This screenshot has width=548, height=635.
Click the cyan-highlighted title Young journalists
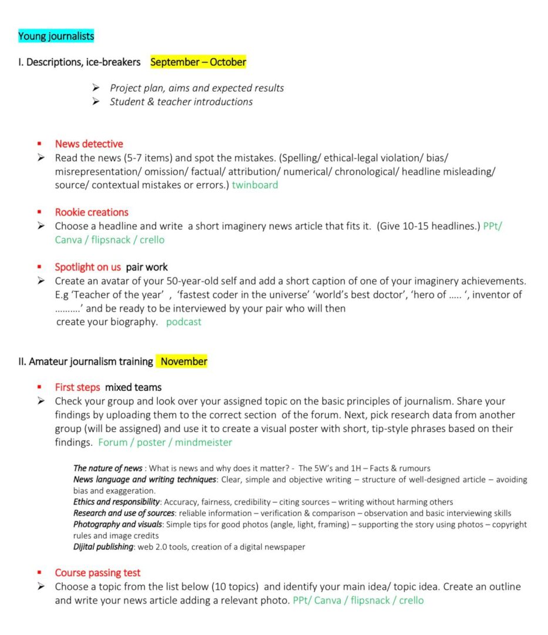(x=56, y=36)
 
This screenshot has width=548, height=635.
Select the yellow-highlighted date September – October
(x=198, y=62)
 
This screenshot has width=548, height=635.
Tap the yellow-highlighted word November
(x=183, y=362)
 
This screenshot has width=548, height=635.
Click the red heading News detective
(x=89, y=144)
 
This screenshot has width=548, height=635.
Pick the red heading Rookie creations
(x=92, y=212)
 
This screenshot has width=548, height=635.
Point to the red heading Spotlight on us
(x=88, y=267)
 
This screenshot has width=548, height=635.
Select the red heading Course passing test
(x=98, y=573)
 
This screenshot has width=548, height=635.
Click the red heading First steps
(x=78, y=387)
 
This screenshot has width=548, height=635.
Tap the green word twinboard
(x=255, y=185)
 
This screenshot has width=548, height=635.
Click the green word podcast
(x=183, y=322)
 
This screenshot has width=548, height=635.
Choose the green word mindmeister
(x=203, y=442)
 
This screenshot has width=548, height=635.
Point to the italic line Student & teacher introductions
(x=181, y=102)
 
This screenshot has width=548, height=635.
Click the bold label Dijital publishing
(x=103, y=547)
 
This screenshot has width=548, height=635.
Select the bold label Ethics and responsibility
(x=116, y=502)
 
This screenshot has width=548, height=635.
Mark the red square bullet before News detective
(x=39, y=144)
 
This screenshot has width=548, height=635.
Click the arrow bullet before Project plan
(x=96, y=88)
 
